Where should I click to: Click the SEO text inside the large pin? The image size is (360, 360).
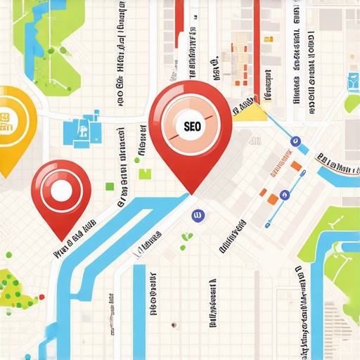pyautogui.click(x=191, y=127)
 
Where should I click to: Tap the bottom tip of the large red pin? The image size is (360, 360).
pyautogui.click(x=189, y=192)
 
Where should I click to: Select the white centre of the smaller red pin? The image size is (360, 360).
pyautogui.click(x=61, y=190)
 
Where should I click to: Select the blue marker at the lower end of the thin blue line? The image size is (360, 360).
pyautogui.click(x=268, y=225)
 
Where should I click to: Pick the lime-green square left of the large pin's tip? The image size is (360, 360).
pyautogui.click(x=145, y=174)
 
